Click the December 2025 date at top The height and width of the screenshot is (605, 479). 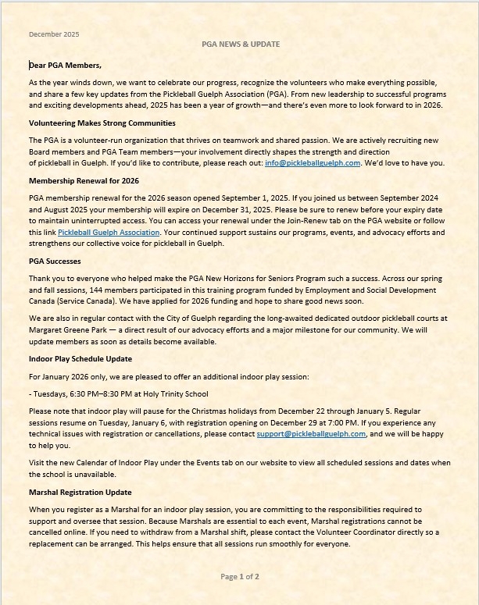[54, 34]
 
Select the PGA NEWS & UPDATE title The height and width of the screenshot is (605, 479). [240, 44]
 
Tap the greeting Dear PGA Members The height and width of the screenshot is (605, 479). [66, 66]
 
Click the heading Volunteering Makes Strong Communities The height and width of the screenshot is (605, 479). [102, 123]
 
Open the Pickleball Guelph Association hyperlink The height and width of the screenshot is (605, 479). [105, 233]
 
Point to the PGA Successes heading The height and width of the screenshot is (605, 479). [55, 262]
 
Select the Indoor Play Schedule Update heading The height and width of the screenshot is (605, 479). [80, 359]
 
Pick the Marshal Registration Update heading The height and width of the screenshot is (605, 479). [80, 493]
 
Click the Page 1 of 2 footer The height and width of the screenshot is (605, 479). [240, 577]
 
